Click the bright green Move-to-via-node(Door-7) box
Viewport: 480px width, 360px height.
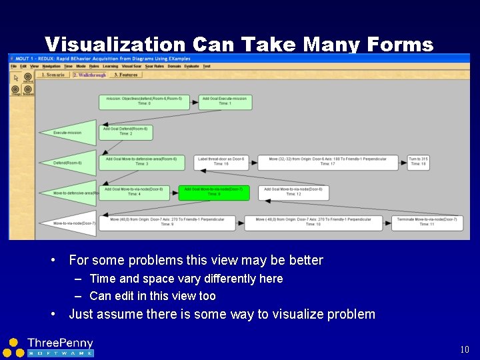[x=214, y=193]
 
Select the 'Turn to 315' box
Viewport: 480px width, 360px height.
[x=418, y=162]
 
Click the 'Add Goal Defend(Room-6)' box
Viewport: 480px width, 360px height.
[x=125, y=131]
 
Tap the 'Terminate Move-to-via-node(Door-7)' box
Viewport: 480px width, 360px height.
[x=427, y=222]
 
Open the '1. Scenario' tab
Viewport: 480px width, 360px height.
[x=53, y=75]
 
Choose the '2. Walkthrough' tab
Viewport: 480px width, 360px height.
[x=89, y=75]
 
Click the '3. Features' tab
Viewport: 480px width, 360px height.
[x=125, y=75]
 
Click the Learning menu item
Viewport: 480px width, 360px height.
[x=110, y=66]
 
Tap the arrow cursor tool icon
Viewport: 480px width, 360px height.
[x=16, y=77]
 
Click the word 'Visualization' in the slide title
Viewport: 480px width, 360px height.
[x=115, y=45]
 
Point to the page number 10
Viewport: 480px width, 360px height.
[x=465, y=349]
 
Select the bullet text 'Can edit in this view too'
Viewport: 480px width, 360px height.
[x=153, y=296]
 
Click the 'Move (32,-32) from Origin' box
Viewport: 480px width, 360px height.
[x=329, y=162]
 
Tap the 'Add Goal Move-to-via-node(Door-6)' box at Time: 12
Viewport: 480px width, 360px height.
[x=293, y=193]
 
